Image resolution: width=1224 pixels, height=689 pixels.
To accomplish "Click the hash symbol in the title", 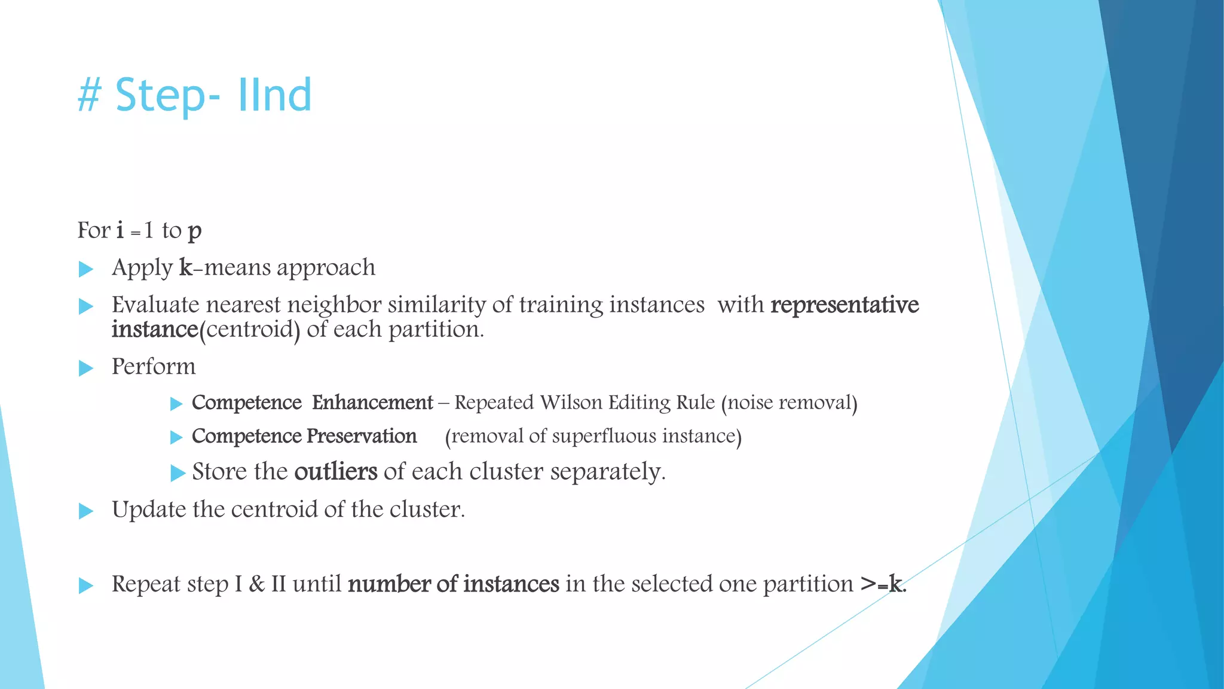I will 89,96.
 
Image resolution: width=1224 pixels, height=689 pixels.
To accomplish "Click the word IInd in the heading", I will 274,96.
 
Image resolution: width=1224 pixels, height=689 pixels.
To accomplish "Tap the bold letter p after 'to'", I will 194,231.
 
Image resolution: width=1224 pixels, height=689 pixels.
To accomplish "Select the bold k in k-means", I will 185,267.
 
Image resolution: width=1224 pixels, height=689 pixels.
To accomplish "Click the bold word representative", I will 844,305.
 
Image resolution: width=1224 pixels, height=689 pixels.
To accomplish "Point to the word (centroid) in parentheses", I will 249,330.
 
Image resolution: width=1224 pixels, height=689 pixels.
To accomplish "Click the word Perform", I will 154,367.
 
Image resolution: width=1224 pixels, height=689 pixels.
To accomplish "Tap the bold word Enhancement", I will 372,403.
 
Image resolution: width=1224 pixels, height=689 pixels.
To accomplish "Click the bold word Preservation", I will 361,436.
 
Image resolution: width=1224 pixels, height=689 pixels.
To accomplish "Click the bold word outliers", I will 335,472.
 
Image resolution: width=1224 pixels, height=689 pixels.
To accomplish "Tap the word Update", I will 149,510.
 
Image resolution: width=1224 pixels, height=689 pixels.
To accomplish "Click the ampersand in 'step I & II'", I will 256,584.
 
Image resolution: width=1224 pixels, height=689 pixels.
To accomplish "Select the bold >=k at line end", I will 883,584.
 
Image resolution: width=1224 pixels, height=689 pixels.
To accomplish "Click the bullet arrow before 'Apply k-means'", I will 86,269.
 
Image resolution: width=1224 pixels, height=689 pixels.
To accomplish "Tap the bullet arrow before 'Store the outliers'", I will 178,473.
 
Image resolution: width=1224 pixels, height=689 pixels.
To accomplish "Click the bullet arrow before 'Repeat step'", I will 86,586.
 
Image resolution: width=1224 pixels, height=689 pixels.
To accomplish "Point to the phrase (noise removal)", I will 789,403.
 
